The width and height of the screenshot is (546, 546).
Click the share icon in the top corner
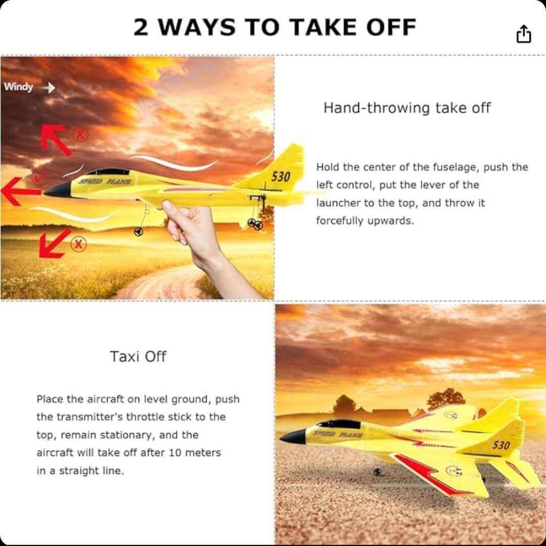click(524, 34)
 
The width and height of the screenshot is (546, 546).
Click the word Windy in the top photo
click(18, 87)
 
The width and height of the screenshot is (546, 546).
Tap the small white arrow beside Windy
click(49, 88)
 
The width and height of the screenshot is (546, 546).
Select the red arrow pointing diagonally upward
click(56, 139)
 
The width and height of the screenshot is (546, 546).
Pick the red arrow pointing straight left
click(20, 192)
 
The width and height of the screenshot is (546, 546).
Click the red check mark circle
click(39, 178)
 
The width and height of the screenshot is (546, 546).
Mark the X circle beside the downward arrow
click(78, 245)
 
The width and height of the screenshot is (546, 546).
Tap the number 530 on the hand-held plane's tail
click(281, 177)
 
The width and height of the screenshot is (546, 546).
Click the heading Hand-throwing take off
click(407, 108)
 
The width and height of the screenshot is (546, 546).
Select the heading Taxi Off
click(138, 356)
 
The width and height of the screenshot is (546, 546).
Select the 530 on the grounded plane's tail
click(500, 445)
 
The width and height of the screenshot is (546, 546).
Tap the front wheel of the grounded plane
click(377, 472)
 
